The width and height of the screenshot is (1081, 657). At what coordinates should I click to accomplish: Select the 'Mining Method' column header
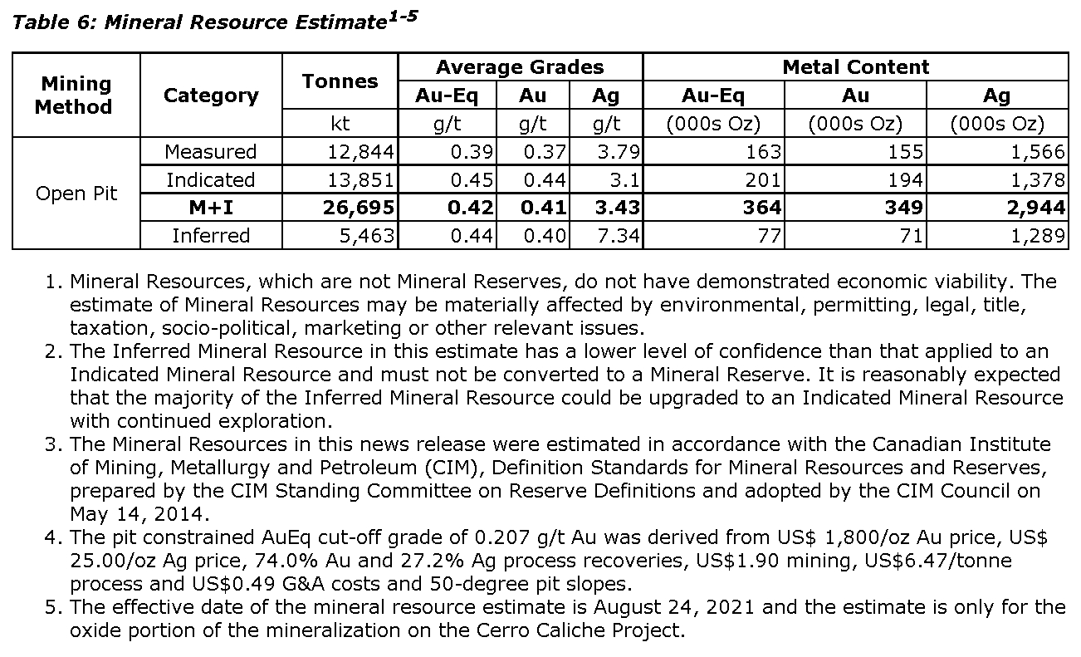(x=76, y=96)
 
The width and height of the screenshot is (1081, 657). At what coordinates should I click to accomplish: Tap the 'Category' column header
(x=211, y=96)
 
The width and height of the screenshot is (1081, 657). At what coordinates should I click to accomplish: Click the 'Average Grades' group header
(x=520, y=67)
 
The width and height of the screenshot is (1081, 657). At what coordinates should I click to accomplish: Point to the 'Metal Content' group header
(x=855, y=67)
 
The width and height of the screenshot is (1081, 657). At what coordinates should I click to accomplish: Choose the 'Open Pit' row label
(x=76, y=194)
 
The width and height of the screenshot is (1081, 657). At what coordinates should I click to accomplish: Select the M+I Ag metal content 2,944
(x=1035, y=208)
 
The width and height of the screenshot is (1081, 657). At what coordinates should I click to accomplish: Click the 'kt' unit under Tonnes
(x=340, y=124)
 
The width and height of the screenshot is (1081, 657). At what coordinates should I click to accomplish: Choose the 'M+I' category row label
(x=211, y=208)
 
